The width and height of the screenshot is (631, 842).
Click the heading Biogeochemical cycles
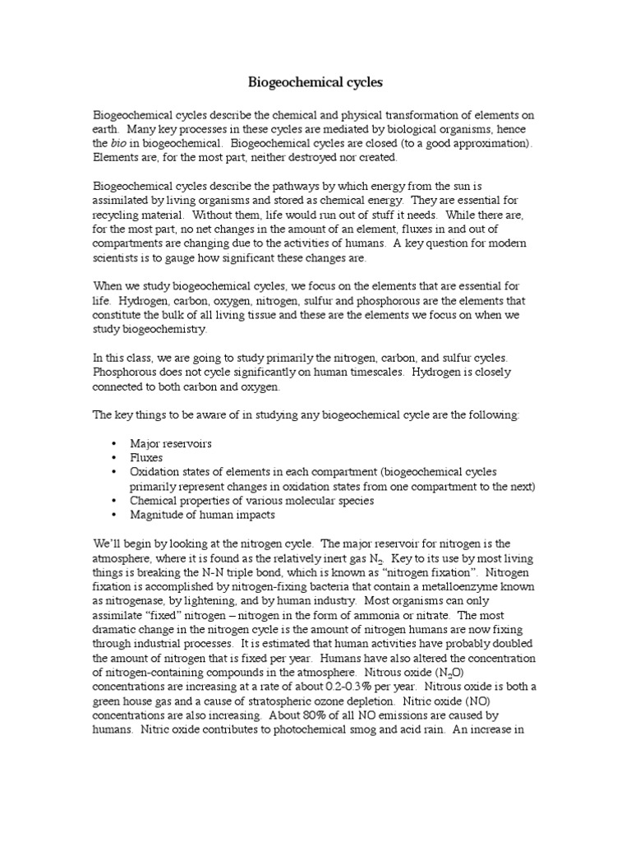(315, 83)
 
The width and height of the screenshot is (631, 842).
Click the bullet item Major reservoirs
(171, 443)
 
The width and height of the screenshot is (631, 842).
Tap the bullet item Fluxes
(146, 457)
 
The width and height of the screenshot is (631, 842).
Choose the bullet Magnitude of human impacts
(202, 515)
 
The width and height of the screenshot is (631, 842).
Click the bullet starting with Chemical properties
(251, 501)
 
